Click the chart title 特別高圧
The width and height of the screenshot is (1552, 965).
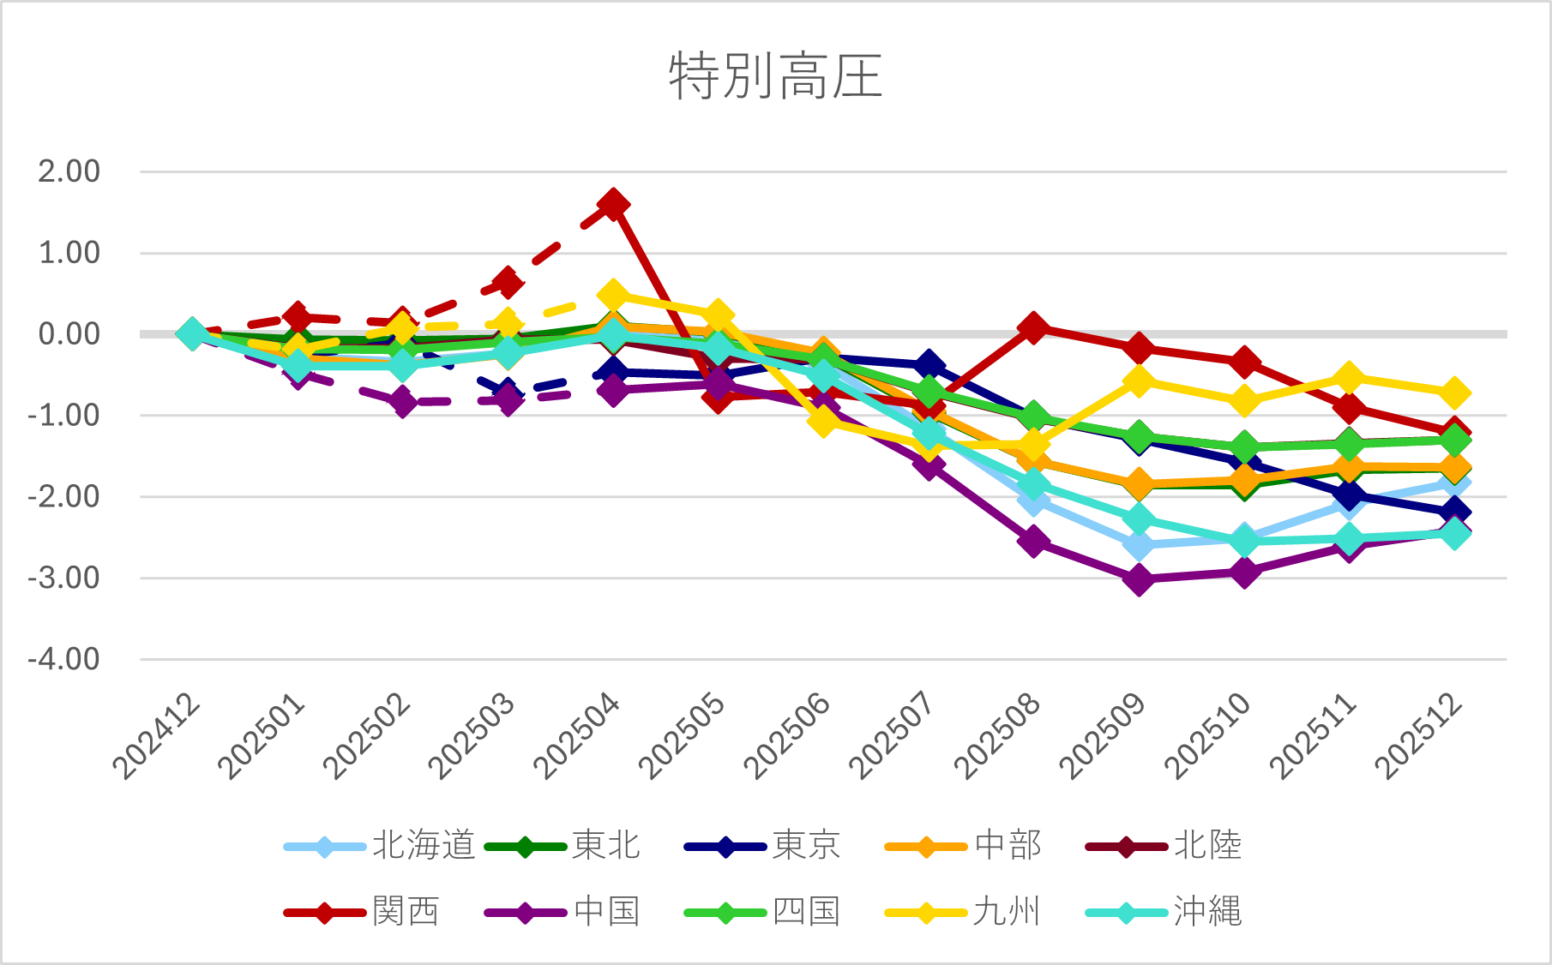pos(775,76)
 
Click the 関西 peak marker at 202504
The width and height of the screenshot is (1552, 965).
pos(612,205)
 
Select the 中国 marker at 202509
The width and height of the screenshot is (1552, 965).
pos(1139,579)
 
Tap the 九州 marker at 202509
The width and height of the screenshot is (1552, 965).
pos(1139,381)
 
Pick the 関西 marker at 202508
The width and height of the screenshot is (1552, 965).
pos(1033,327)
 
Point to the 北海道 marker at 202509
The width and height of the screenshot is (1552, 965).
pos(1139,545)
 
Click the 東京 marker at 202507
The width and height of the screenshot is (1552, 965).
pos(928,366)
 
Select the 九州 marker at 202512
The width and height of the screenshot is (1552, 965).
pos(1454,393)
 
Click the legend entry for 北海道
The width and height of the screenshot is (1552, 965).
pos(380,846)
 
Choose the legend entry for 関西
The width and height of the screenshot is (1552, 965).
pos(362,912)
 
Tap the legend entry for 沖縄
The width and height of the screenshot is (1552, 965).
pos(1164,912)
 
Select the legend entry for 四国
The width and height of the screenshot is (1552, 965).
pos(762,912)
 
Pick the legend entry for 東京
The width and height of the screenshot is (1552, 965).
pos(762,846)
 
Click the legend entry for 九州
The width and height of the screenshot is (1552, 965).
pos(962,912)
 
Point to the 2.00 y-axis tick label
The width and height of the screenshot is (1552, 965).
pos(69,171)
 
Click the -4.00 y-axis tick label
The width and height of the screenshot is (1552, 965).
pos(64,660)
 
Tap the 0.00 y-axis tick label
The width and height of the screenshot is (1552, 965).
pos(69,334)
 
